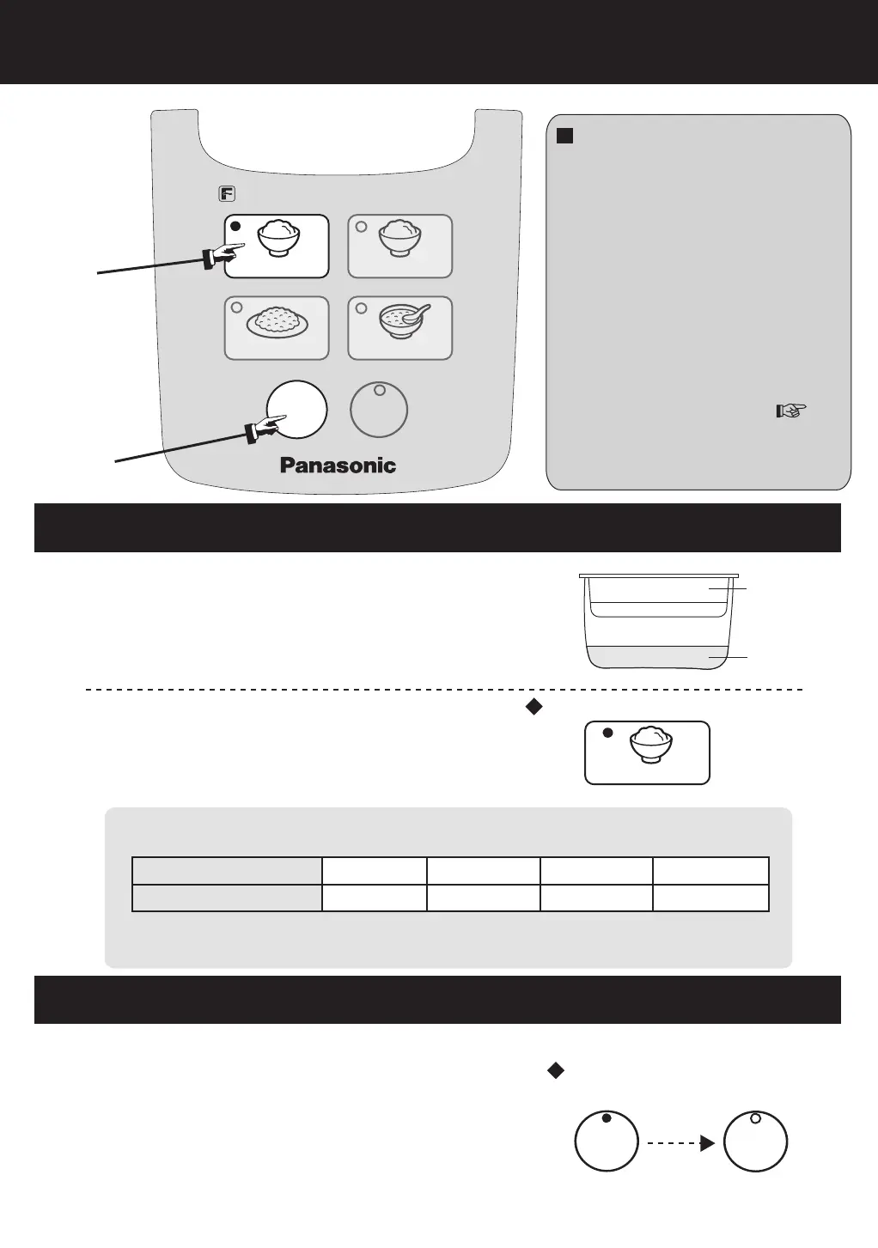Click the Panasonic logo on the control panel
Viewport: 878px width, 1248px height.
tap(338, 466)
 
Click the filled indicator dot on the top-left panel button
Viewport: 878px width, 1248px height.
tap(238, 227)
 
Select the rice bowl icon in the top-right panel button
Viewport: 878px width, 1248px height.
tap(400, 238)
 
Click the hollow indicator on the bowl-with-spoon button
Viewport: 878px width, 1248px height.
tap(361, 308)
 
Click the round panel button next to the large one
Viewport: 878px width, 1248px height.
tap(379, 410)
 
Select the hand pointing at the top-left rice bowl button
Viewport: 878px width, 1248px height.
tap(221, 254)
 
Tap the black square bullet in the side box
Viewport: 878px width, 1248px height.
tap(564, 136)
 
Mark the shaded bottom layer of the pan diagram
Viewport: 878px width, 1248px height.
tap(658, 657)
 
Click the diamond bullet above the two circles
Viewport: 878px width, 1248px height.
tap(555, 1070)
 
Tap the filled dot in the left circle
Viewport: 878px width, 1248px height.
tap(606, 1118)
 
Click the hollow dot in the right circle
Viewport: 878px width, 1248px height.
tap(755, 1118)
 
